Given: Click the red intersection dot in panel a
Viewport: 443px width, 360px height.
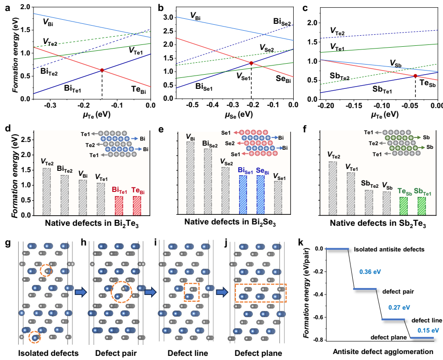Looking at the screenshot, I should click(x=102, y=70).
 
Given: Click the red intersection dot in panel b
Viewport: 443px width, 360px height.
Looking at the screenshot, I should click(x=251, y=63).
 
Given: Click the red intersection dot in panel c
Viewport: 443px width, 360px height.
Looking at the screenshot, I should click(x=415, y=76).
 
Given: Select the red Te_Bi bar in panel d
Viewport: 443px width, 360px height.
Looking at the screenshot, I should click(x=136, y=205).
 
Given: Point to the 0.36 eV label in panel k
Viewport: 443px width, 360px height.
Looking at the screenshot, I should click(x=370, y=271).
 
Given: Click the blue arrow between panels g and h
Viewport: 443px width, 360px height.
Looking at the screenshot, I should click(x=80, y=292).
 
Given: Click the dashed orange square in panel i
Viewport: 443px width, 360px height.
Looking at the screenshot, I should click(x=191, y=292).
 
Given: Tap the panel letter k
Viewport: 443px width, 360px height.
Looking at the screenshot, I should click(x=301, y=241).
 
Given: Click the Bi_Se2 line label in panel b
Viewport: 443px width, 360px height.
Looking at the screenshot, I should click(x=282, y=22).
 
